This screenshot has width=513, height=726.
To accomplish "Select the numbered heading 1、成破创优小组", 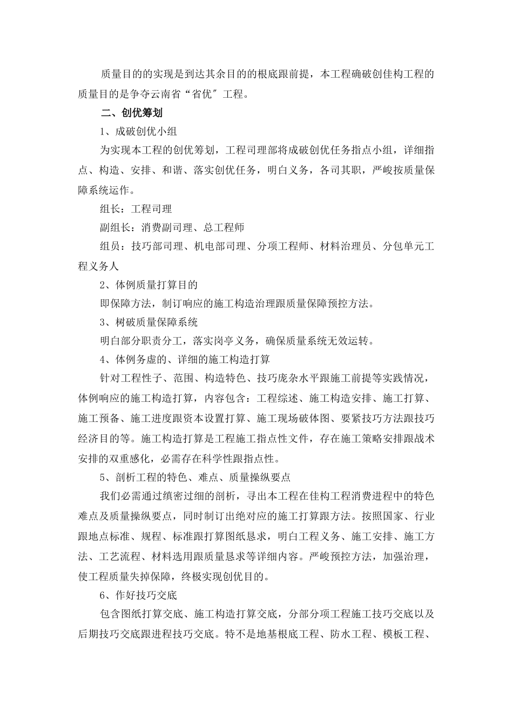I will (138, 132).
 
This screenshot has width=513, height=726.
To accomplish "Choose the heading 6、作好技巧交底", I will (138, 595).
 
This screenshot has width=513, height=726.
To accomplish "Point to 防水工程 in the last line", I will (350, 633).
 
